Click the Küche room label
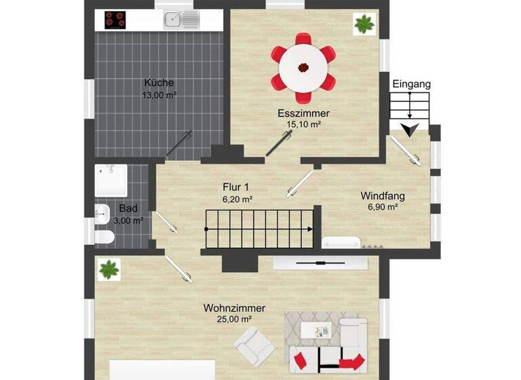(159, 83)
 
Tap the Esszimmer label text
(303, 113)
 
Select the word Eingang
(411, 84)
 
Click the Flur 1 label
(237, 187)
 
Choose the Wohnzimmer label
(234, 308)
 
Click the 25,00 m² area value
(234, 319)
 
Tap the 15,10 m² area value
(303, 124)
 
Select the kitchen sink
(180, 19)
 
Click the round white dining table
(303, 66)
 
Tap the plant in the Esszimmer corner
(364, 25)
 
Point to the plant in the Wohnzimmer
(109, 270)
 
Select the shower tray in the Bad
(111, 180)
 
